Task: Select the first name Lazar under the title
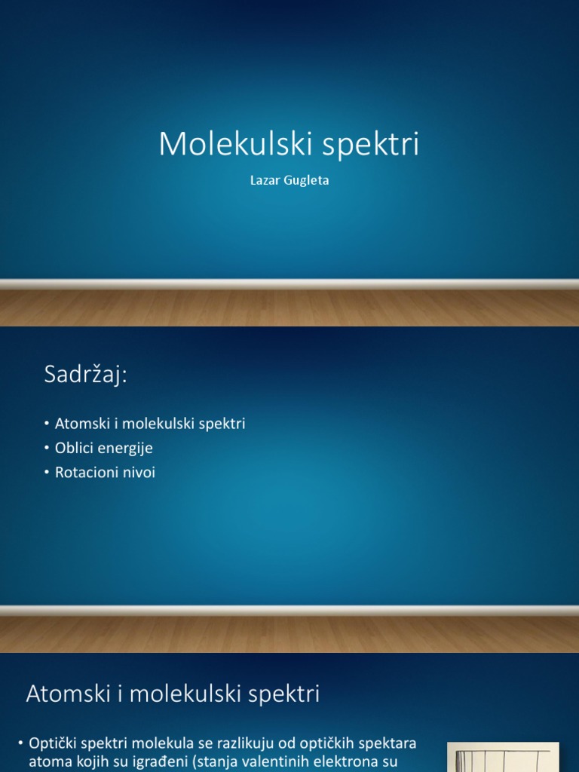(x=265, y=182)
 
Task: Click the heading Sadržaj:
(x=86, y=375)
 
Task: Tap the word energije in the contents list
(x=124, y=449)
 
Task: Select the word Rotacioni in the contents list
(x=86, y=473)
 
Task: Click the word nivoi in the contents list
(x=138, y=473)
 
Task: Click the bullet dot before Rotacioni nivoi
(x=47, y=473)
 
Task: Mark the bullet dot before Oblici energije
(x=47, y=449)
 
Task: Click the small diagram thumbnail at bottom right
(x=503, y=757)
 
